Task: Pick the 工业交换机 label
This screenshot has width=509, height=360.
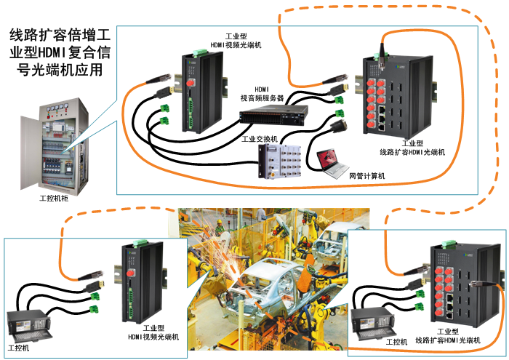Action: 258,139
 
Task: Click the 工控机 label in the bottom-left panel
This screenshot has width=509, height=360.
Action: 17,348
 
